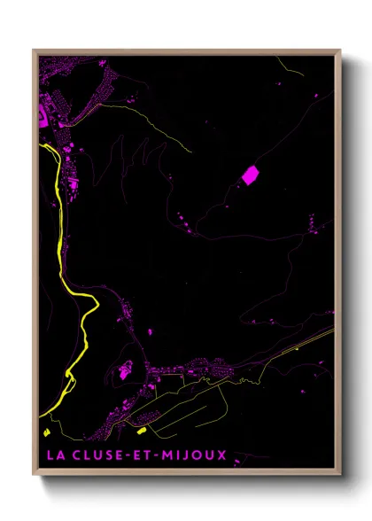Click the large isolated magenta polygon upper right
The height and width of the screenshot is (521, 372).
251,175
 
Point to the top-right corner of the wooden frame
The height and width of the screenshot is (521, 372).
340,51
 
